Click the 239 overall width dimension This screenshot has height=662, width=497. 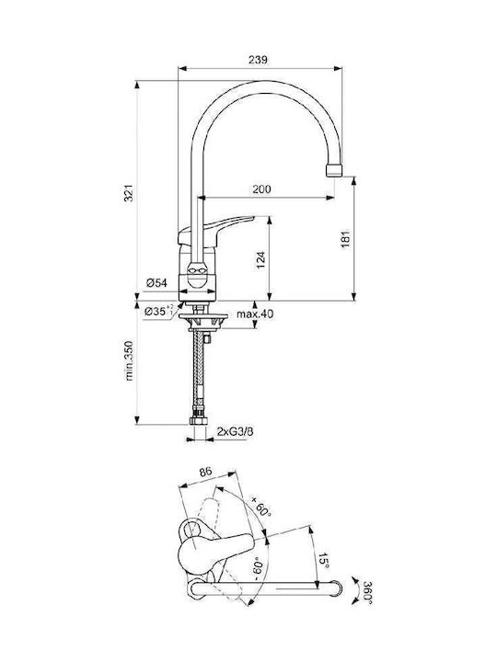point(258,60)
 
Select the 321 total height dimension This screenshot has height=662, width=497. point(129,192)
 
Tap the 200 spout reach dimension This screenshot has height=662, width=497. point(261,189)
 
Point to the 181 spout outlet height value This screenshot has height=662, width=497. point(346,238)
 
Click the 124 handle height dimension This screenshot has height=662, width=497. point(260,260)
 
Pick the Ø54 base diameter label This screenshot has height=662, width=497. point(156,283)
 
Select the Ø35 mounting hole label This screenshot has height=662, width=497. point(158,312)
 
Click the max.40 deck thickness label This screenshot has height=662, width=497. point(255,314)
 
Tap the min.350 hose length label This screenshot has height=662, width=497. point(129,361)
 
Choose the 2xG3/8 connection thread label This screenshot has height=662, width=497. point(235,431)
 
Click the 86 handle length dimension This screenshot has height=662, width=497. point(206,472)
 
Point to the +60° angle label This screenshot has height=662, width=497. point(260,507)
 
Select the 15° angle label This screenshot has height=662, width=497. point(323,560)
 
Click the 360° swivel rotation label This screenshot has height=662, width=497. point(367,593)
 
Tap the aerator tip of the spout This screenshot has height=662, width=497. point(334,171)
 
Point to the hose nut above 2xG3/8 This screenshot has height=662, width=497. point(198,420)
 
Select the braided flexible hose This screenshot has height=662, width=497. point(197,371)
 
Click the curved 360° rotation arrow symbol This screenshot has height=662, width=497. point(355,590)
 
